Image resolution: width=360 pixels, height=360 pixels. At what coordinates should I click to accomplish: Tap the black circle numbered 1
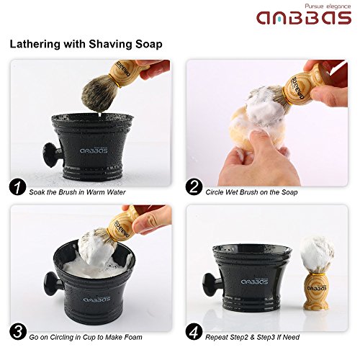(17, 190)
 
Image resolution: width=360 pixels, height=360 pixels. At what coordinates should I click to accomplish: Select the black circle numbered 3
(17, 336)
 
